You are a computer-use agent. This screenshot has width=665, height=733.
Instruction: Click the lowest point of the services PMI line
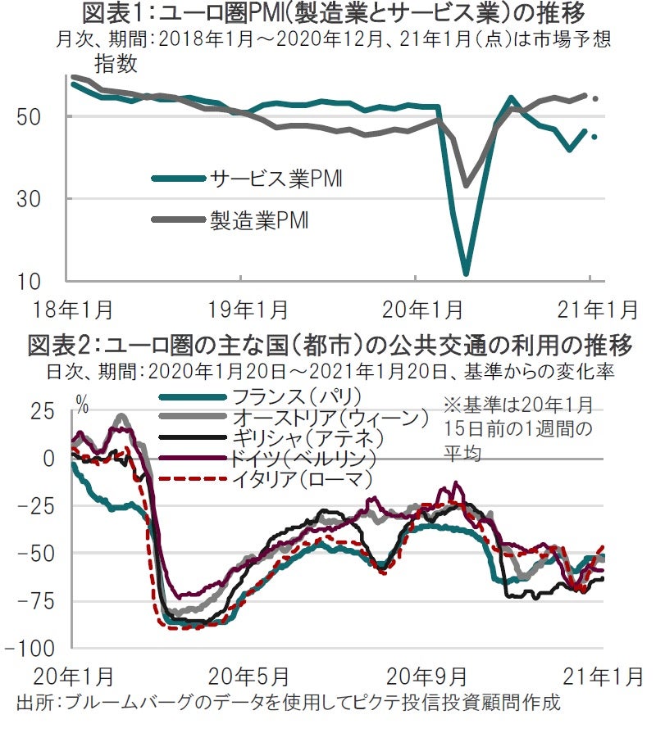[466, 274]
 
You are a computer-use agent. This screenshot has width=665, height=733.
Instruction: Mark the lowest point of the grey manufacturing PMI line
[466, 185]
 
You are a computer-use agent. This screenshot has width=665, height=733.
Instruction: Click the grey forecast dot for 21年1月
[595, 98]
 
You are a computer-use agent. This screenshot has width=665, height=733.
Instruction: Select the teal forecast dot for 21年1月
[595, 137]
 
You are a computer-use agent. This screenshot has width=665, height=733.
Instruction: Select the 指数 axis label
[116, 62]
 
